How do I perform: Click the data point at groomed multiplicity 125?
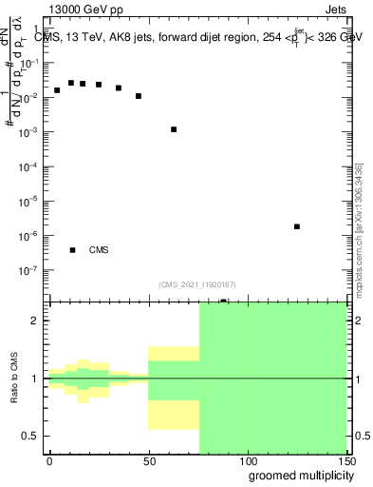[x=297, y=226]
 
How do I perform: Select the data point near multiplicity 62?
[x=174, y=129]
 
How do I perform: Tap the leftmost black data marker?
[x=57, y=90]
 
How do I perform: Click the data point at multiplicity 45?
[x=139, y=96]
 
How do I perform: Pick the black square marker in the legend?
[x=72, y=250]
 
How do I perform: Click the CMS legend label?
[x=99, y=250]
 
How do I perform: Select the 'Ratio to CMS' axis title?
[x=15, y=379]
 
